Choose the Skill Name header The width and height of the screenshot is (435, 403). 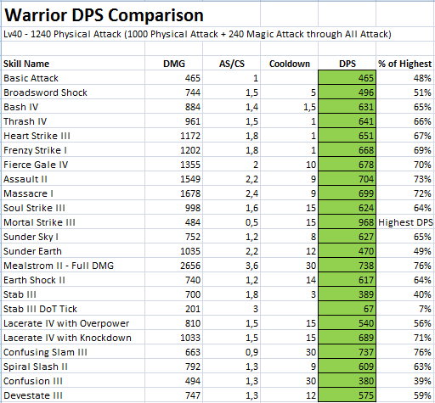pyautogui.click(x=26, y=63)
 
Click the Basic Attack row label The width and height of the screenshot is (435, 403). pyautogui.click(x=31, y=77)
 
